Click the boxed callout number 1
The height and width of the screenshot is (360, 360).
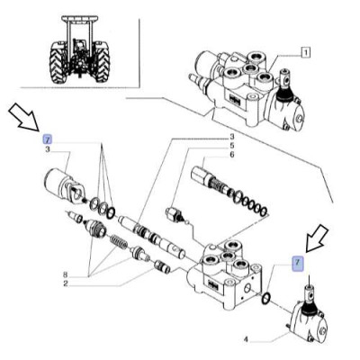click(x=305, y=53)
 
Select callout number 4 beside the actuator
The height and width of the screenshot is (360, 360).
click(x=246, y=340)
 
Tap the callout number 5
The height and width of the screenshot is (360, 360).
click(x=231, y=146)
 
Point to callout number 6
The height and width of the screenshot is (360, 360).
click(x=231, y=155)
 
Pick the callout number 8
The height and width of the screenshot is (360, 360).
click(x=66, y=274)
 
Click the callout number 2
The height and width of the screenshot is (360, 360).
click(x=66, y=283)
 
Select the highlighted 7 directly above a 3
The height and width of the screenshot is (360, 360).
click(x=48, y=139)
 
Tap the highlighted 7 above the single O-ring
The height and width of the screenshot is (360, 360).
click(x=298, y=263)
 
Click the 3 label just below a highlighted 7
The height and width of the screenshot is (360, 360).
click(x=48, y=149)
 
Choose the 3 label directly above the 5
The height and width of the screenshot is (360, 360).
click(x=231, y=137)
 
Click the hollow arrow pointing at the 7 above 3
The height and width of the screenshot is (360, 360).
click(x=24, y=118)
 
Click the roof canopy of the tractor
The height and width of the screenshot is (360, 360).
click(x=80, y=20)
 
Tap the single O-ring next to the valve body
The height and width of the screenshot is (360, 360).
click(x=266, y=298)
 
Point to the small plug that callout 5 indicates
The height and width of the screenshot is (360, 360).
click(x=175, y=214)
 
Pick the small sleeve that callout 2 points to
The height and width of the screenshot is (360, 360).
click(x=162, y=266)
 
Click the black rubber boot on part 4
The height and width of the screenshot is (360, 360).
click(x=308, y=310)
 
